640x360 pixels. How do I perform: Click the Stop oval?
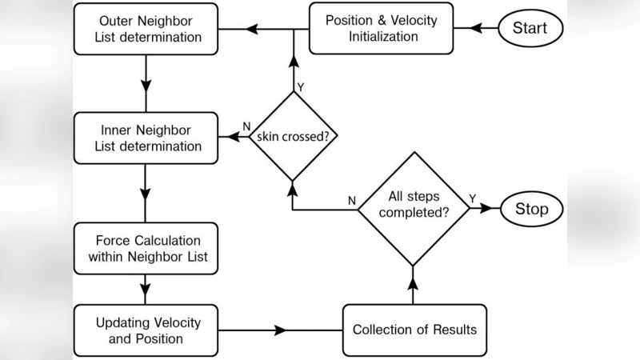coord(531,209)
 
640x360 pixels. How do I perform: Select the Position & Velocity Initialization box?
coord(381,28)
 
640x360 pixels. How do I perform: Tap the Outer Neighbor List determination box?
coord(145,28)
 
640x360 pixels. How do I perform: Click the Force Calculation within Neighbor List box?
coord(145,248)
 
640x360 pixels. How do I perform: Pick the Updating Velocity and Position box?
coord(145,330)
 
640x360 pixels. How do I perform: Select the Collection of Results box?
coord(414,330)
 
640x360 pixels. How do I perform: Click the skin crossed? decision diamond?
coord(292,136)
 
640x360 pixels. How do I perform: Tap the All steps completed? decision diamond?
coord(413,208)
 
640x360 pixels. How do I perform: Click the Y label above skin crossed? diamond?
coord(300,86)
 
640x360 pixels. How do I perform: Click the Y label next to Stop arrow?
coord(471,198)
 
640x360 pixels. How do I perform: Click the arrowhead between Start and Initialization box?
coord(478,28)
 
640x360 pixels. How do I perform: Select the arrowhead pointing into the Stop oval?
coord(485,209)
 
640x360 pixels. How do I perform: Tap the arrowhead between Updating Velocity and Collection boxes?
coord(280,330)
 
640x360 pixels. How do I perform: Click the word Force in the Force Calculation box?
coord(114,240)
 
